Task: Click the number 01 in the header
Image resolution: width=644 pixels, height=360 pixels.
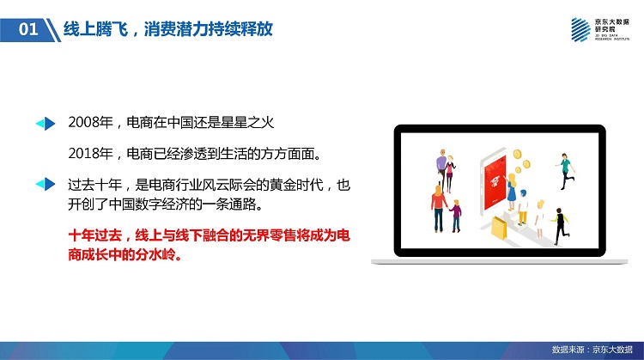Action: point(28,29)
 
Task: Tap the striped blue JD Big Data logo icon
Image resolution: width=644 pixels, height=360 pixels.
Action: point(580,29)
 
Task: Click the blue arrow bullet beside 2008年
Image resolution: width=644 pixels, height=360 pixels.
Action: point(46,123)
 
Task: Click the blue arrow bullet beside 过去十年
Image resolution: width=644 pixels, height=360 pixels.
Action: point(46,184)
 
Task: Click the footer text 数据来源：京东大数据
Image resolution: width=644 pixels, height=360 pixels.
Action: point(592,350)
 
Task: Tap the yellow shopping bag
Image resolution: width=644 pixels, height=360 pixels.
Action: point(500,229)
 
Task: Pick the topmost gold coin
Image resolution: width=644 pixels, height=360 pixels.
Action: point(517,154)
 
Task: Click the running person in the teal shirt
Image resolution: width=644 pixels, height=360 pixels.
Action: point(566,171)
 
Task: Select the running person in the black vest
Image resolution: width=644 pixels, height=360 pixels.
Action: point(560,227)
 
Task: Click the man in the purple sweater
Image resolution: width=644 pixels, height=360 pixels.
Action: point(441,168)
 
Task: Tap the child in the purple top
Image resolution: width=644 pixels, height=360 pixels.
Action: point(456,216)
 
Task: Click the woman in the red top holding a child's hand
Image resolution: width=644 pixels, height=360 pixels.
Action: point(438,209)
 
